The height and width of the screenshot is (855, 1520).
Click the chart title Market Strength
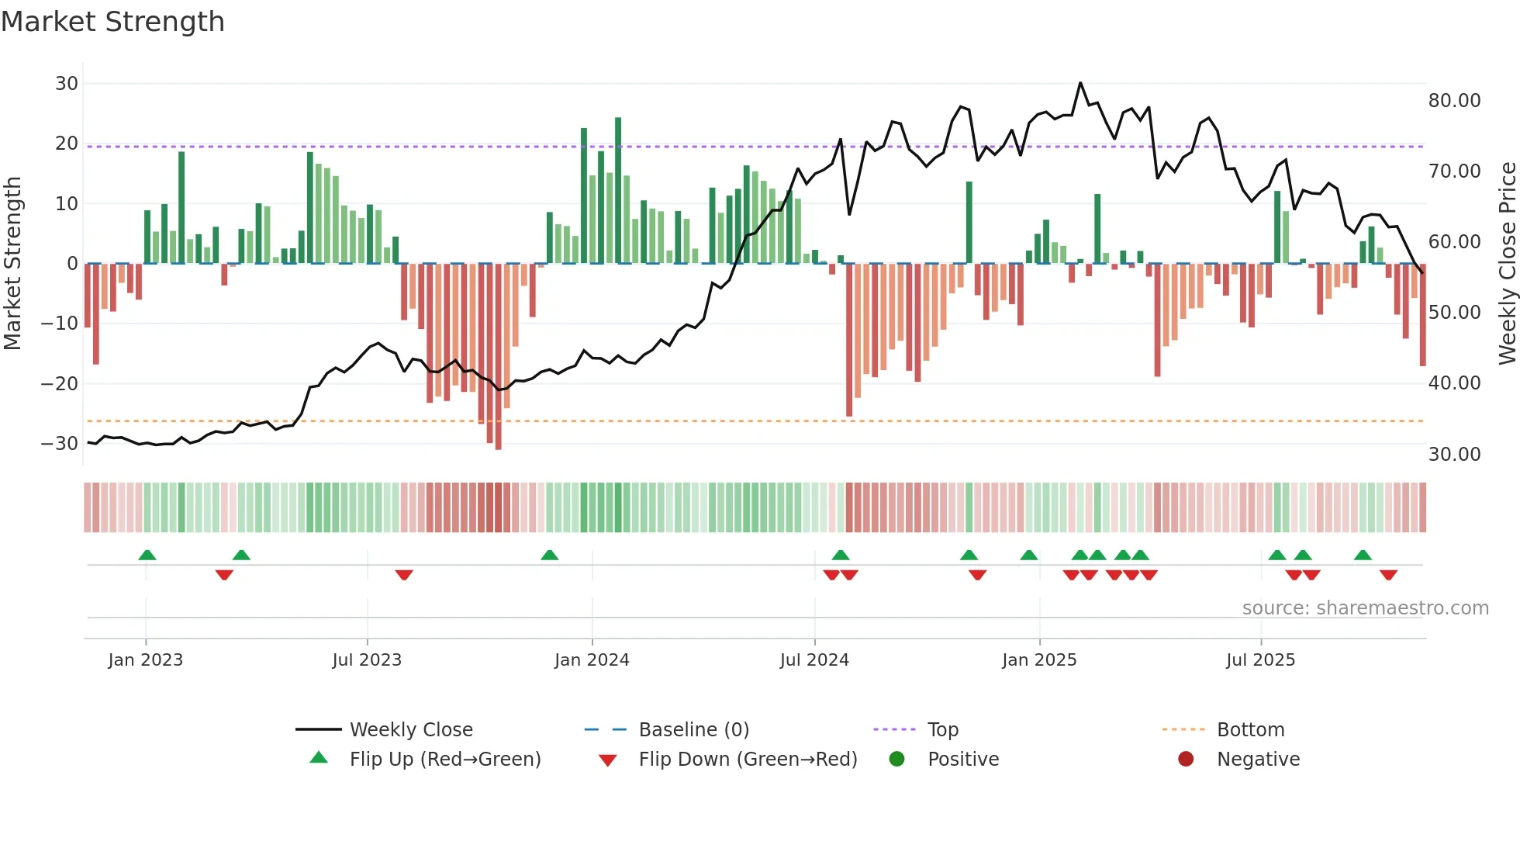(112, 22)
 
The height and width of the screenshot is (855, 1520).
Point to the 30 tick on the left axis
(67, 84)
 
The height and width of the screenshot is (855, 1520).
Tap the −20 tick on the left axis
(60, 384)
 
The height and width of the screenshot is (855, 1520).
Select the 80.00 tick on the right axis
(1454, 101)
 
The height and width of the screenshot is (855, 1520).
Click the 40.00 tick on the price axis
(1454, 383)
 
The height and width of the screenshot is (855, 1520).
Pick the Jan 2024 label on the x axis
(592, 660)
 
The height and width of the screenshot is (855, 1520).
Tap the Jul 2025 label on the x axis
(1260, 660)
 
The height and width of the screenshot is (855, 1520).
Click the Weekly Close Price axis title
(1507, 264)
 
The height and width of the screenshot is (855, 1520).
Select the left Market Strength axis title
(12, 264)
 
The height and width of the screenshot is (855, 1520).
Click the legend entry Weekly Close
(410, 730)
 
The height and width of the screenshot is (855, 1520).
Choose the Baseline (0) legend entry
(693, 730)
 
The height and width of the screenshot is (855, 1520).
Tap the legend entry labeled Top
(942, 730)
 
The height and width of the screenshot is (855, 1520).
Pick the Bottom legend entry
(1250, 730)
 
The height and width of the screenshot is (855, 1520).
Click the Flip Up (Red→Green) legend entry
(444, 760)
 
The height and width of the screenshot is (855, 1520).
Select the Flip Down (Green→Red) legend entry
(748, 760)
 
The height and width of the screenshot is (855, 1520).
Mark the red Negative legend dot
(1186, 760)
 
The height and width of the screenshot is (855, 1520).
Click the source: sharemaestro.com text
(1365, 608)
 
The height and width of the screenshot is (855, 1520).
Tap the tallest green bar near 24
(618, 190)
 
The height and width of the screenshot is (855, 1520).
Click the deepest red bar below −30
(498, 357)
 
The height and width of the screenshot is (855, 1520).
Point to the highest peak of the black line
(1080, 83)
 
